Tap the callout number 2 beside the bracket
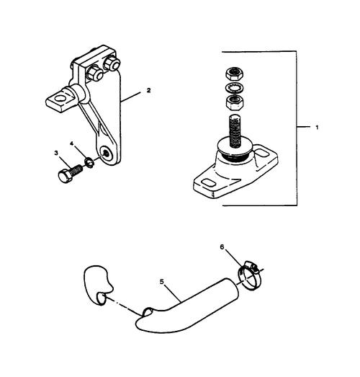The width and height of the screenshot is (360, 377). pyautogui.click(x=148, y=92)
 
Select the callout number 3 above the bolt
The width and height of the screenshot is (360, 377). pyautogui.click(x=55, y=153)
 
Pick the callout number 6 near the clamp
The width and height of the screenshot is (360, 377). pyautogui.click(x=222, y=247)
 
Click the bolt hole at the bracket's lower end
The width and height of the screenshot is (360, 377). pyautogui.click(x=107, y=153)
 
